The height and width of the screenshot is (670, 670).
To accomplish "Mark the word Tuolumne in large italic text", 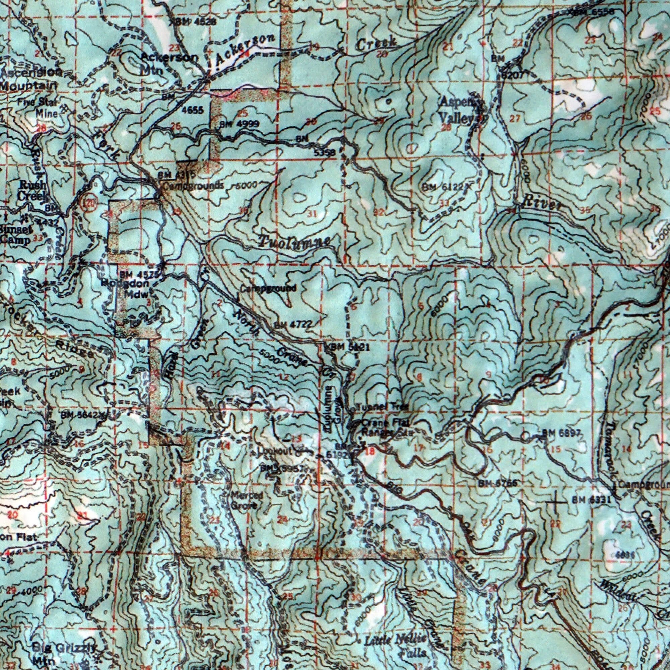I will pyautogui.click(x=294, y=241).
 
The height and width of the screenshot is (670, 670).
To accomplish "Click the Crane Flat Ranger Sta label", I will pyautogui.click(x=385, y=427).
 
